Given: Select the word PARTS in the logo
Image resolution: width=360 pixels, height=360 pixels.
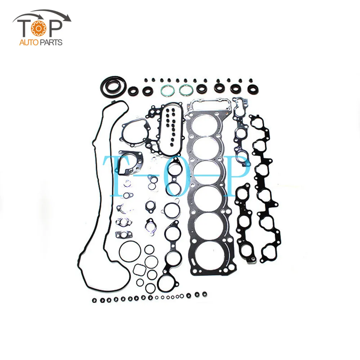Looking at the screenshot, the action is tap(51, 43).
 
